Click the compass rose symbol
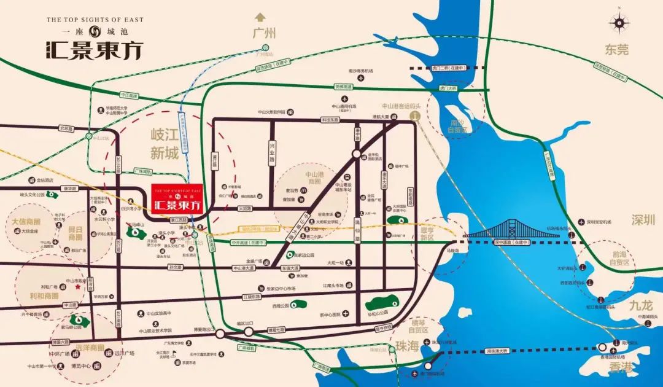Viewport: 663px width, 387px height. (x=619, y=23)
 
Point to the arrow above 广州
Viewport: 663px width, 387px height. (x=262, y=17)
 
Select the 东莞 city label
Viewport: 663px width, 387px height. (x=616, y=50)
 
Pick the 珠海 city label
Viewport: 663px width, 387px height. (x=406, y=346)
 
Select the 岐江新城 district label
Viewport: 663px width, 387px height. (x=165, y=144)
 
